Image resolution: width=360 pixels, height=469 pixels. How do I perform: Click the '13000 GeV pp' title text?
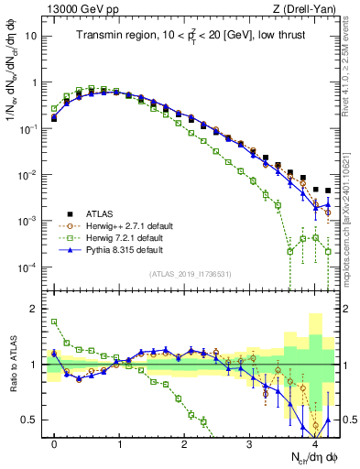(75, 9)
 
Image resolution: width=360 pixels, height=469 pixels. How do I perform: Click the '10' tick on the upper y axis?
(31, 37)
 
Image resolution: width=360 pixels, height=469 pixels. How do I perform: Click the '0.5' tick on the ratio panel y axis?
(30, 420)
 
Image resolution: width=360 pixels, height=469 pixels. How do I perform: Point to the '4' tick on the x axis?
(315, 442)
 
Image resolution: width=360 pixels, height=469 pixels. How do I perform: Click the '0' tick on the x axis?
(55, 442)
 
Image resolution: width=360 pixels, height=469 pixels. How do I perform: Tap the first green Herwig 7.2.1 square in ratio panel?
(54, 322)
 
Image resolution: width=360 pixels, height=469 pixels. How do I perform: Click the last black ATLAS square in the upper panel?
(328, 191)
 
